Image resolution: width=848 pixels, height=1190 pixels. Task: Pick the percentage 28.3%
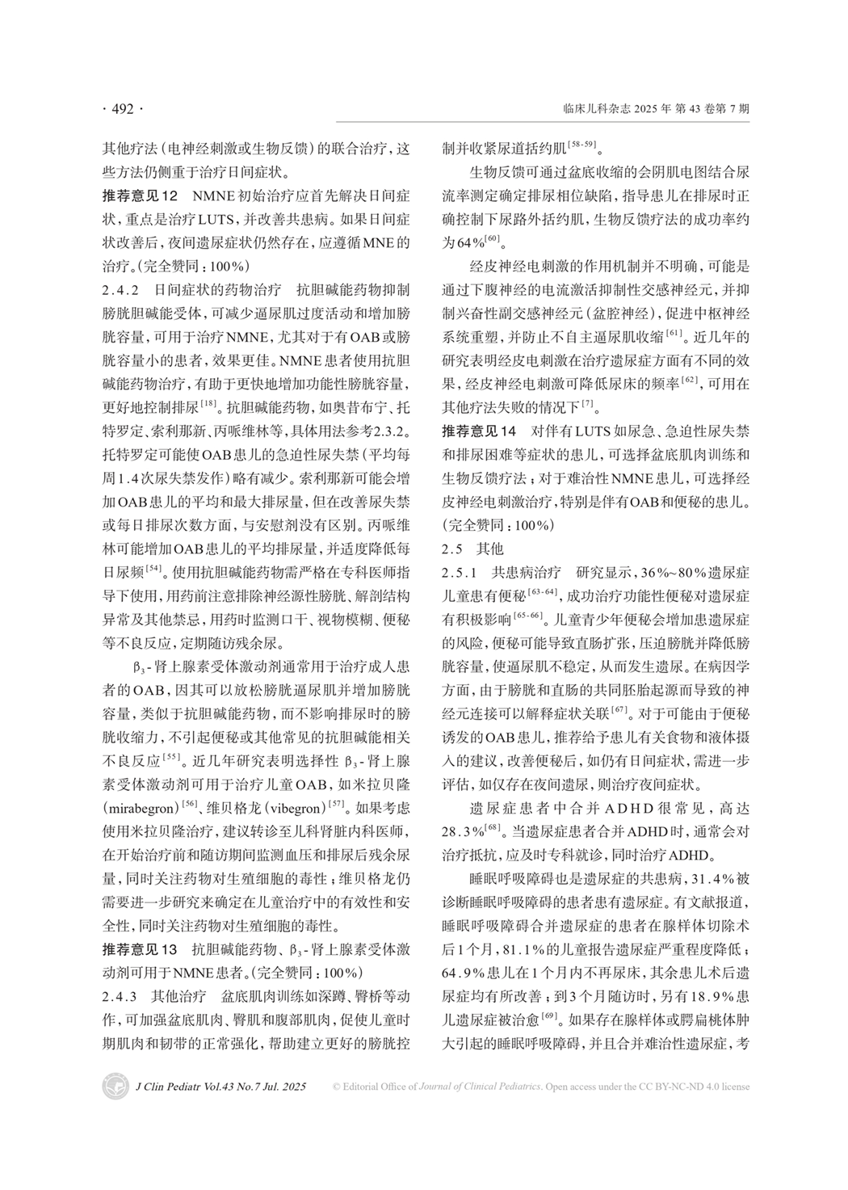(464, 830)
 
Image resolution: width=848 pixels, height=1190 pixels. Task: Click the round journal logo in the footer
(115, 1086)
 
